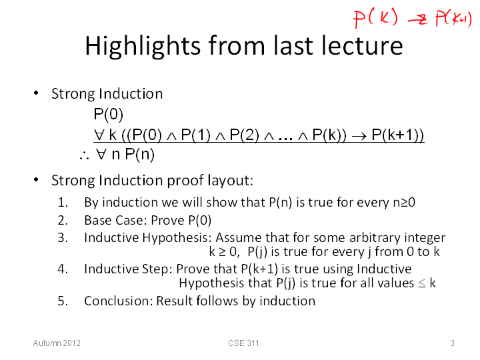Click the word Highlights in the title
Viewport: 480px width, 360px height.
(x=143, y=47)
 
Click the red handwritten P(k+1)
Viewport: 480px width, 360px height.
(x=454, y=19)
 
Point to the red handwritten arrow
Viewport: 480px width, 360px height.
(x=417, y=20)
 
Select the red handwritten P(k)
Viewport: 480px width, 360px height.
(x=375, y=18)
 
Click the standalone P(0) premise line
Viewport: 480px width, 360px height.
(x=109, y=114)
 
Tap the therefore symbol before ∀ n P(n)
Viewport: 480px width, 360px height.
(x=84, y=155)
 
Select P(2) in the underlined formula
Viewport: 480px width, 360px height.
(x=244, y=135)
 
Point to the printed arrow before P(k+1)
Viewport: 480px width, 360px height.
(x=359, y=135)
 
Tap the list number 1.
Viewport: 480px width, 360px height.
(x=63, y=203)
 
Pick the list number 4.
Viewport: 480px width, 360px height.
(x=63, y=269)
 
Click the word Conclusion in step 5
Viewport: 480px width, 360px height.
(x=118, y=301)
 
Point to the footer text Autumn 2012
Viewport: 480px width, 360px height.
(x=57, y=343)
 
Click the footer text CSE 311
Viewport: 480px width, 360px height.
(x=243, y=343)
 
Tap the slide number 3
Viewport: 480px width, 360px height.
(x=452, y=343)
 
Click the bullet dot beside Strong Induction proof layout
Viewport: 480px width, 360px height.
(x=36, y=179)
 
